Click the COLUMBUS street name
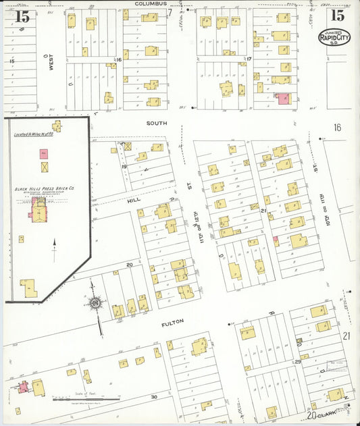point(150,4)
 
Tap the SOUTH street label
point(157,124)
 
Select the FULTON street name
point(172,323)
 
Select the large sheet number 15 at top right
point(337,14)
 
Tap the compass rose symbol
point(96,303)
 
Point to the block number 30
point(154,397)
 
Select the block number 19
point(124,165)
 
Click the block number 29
point(297,363)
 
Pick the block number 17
point(249,59)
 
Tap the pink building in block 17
point(282,99)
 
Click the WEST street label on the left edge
point(51,64)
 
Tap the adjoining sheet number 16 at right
point(337,128)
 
